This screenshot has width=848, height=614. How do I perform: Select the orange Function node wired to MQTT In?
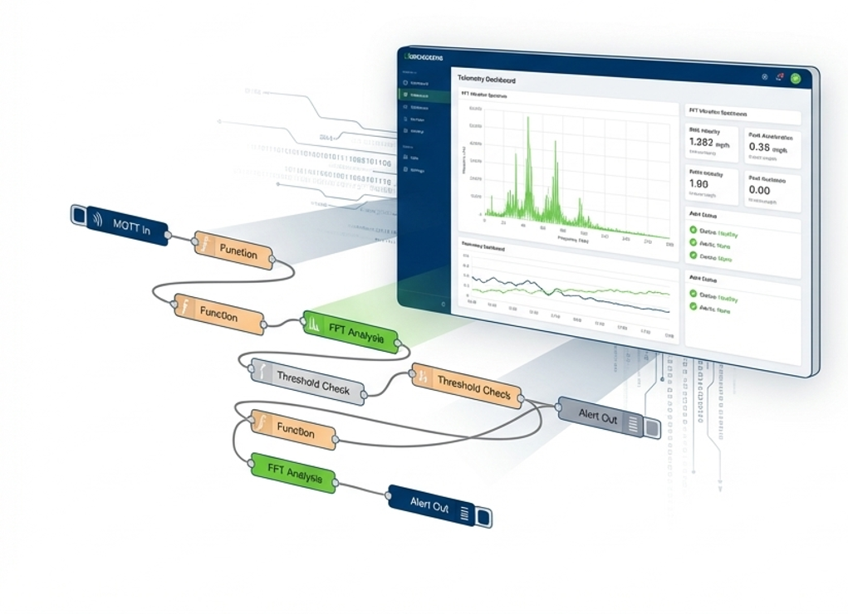tap(234, 250)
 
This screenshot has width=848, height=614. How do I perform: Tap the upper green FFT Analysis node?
tap(350, 330)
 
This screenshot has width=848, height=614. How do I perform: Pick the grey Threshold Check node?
tap(308, 382)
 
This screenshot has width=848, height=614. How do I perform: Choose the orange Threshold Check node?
tap(467, 385)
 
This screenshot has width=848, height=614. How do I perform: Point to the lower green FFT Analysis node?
tap(293, 473)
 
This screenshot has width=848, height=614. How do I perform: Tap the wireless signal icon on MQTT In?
tap(98, 219)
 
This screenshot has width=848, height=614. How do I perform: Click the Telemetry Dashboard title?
tap(486, 80)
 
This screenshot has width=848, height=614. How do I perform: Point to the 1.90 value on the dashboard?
tap(699, 184)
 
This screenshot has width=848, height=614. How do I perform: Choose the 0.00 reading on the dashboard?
tap(759, 190)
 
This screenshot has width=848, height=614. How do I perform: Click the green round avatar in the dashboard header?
tap(795, 78)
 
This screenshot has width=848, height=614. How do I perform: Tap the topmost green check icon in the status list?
tap(694, 231)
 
